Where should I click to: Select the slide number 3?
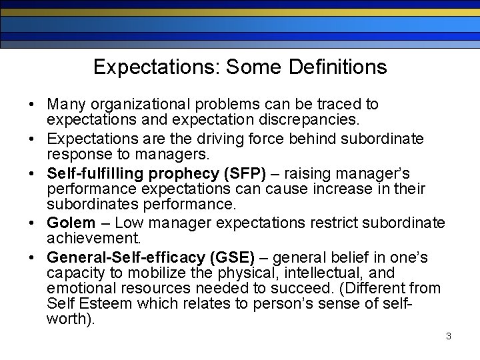[449, 336]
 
